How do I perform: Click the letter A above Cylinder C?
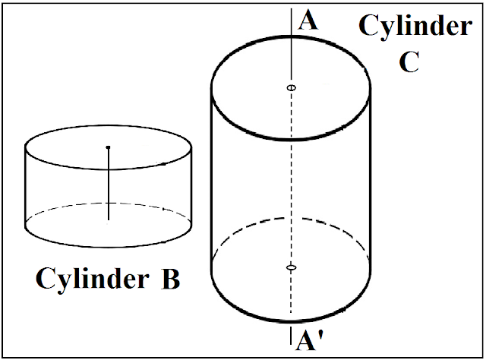[308, 20]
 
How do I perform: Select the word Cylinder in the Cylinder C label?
[415, 27]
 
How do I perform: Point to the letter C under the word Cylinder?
[409, 62]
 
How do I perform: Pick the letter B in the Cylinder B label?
[169, 279]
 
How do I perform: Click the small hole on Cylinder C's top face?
[291, 89]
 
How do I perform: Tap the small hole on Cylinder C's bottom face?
[291, 267]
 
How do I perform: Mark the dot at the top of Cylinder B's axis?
[109, 147]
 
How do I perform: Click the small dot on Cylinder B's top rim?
[165, 164]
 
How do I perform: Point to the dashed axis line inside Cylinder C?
[291, 182]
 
